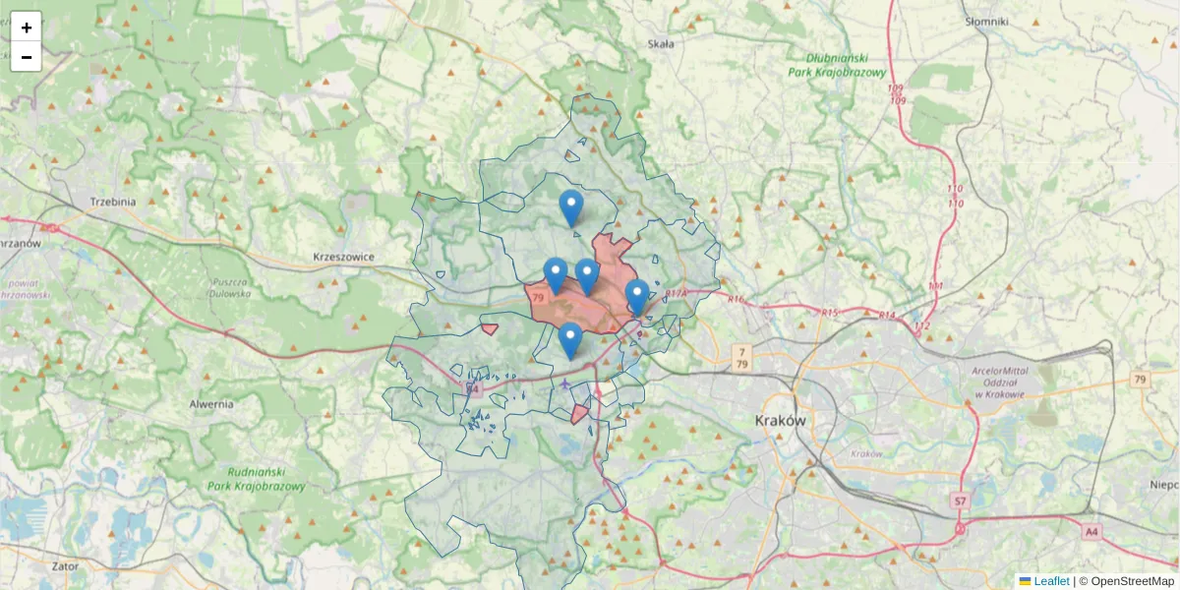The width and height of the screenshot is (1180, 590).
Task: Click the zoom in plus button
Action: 27,28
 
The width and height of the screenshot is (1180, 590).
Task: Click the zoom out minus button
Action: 27,57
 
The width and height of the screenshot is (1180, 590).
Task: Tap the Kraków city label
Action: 781,420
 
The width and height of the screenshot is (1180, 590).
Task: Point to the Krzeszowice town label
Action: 344,257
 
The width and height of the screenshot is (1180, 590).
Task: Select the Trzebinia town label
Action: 112,202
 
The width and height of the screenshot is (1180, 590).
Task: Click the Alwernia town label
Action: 211,403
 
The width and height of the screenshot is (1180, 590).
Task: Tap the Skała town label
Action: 661,44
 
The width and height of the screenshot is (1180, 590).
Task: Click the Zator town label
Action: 65,566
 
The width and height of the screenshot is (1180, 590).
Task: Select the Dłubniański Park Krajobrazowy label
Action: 838,65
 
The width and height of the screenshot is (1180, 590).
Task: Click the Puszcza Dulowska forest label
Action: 229,287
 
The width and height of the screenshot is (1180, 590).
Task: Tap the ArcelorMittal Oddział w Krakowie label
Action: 999,383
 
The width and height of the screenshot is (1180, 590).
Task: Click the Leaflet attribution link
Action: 1050,581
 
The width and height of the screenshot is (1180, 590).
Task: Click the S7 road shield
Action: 961,501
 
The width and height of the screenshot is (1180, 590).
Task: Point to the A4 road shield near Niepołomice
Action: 1091,531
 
